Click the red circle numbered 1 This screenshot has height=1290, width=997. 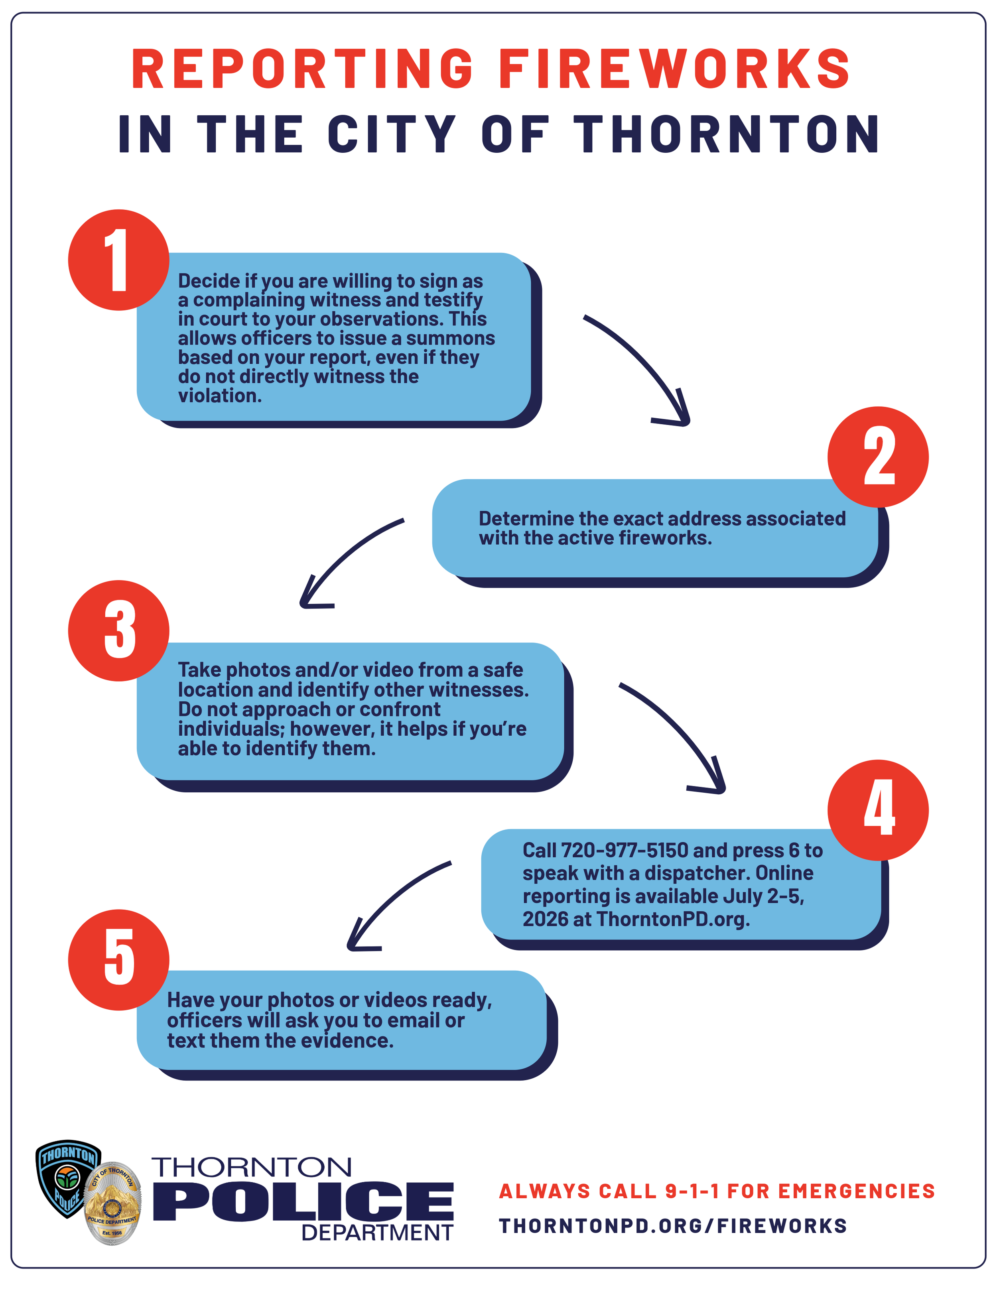pos(119,260)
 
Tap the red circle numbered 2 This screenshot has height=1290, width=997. pos(878,457)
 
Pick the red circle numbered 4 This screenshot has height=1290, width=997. pos(878,810)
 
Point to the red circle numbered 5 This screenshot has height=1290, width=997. pos(119,960)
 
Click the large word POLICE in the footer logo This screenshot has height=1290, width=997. pos(303,1202)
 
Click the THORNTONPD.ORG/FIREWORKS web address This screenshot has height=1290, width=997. pos(673,1226)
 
